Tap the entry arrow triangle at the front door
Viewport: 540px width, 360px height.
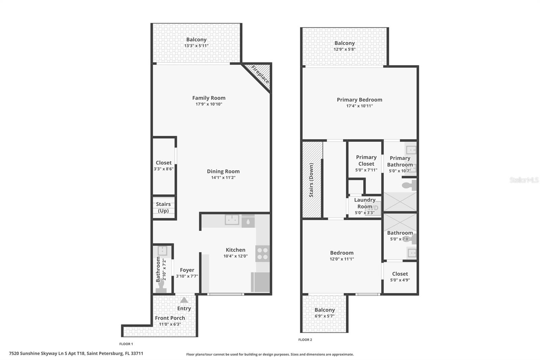coord(184,300)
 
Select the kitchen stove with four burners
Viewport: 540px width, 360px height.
coord(263,254)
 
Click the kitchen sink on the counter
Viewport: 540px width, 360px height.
coord(232,220)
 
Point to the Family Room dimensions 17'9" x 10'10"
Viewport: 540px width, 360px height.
coord(209,104)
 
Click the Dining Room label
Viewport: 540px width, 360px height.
coord(223,171)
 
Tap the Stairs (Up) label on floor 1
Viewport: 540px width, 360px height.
coord(163,207)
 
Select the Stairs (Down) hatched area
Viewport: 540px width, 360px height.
coord(311,180)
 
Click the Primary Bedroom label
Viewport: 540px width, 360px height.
coord(359,100)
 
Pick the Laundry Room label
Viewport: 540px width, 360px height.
coord(365,203)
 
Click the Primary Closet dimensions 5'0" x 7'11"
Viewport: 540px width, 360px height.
coord(366,170)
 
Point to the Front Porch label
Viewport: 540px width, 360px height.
coord(170,318)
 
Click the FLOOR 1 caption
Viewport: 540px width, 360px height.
coord(126,344)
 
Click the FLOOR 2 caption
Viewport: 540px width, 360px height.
coord(305,340)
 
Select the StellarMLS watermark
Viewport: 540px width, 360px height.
coord(524,180)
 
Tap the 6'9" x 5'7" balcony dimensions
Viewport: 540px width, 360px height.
coord(324,316)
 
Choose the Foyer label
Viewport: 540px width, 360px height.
coord(187,270)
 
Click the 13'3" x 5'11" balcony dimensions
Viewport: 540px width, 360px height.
coord(196,46)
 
